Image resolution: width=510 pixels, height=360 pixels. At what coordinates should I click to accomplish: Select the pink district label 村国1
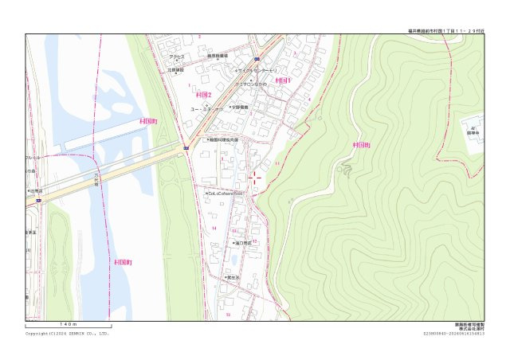pos(284,80)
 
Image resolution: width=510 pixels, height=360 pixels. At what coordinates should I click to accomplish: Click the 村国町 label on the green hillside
pos(361,146)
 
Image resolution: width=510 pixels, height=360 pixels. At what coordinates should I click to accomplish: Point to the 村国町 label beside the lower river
pos(124,262)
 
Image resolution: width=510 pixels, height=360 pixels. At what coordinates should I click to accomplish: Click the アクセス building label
pos(176,57)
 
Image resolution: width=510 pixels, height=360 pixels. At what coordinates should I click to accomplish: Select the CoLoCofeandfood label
pos(226,193)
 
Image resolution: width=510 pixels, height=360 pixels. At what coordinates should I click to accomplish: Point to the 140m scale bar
pos(68,326)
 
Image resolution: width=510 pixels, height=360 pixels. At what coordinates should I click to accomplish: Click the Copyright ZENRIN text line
pos(67,334)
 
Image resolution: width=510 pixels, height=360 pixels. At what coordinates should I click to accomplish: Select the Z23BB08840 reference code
pos(453,334)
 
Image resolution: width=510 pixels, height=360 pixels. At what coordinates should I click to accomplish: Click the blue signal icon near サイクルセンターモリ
pos(257,59)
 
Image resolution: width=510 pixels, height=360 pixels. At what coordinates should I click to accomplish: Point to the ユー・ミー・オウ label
pos(206,108)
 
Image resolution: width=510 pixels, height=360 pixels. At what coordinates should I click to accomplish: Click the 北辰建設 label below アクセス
pos(175,69)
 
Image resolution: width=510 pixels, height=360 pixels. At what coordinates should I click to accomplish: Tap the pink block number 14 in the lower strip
pos(214,229)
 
